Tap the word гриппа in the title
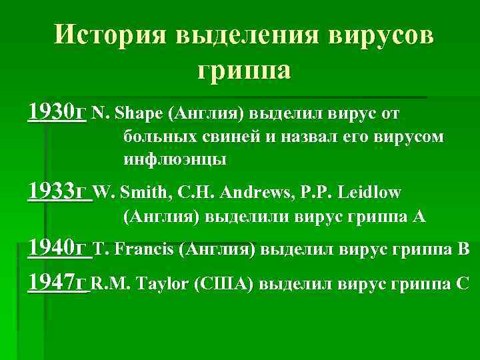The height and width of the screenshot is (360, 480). [244, 69]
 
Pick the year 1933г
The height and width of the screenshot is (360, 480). [58, 192]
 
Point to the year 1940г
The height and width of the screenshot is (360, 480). [58, 249]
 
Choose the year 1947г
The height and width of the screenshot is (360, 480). [58, 283]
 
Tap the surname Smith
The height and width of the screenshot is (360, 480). [149, 193]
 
